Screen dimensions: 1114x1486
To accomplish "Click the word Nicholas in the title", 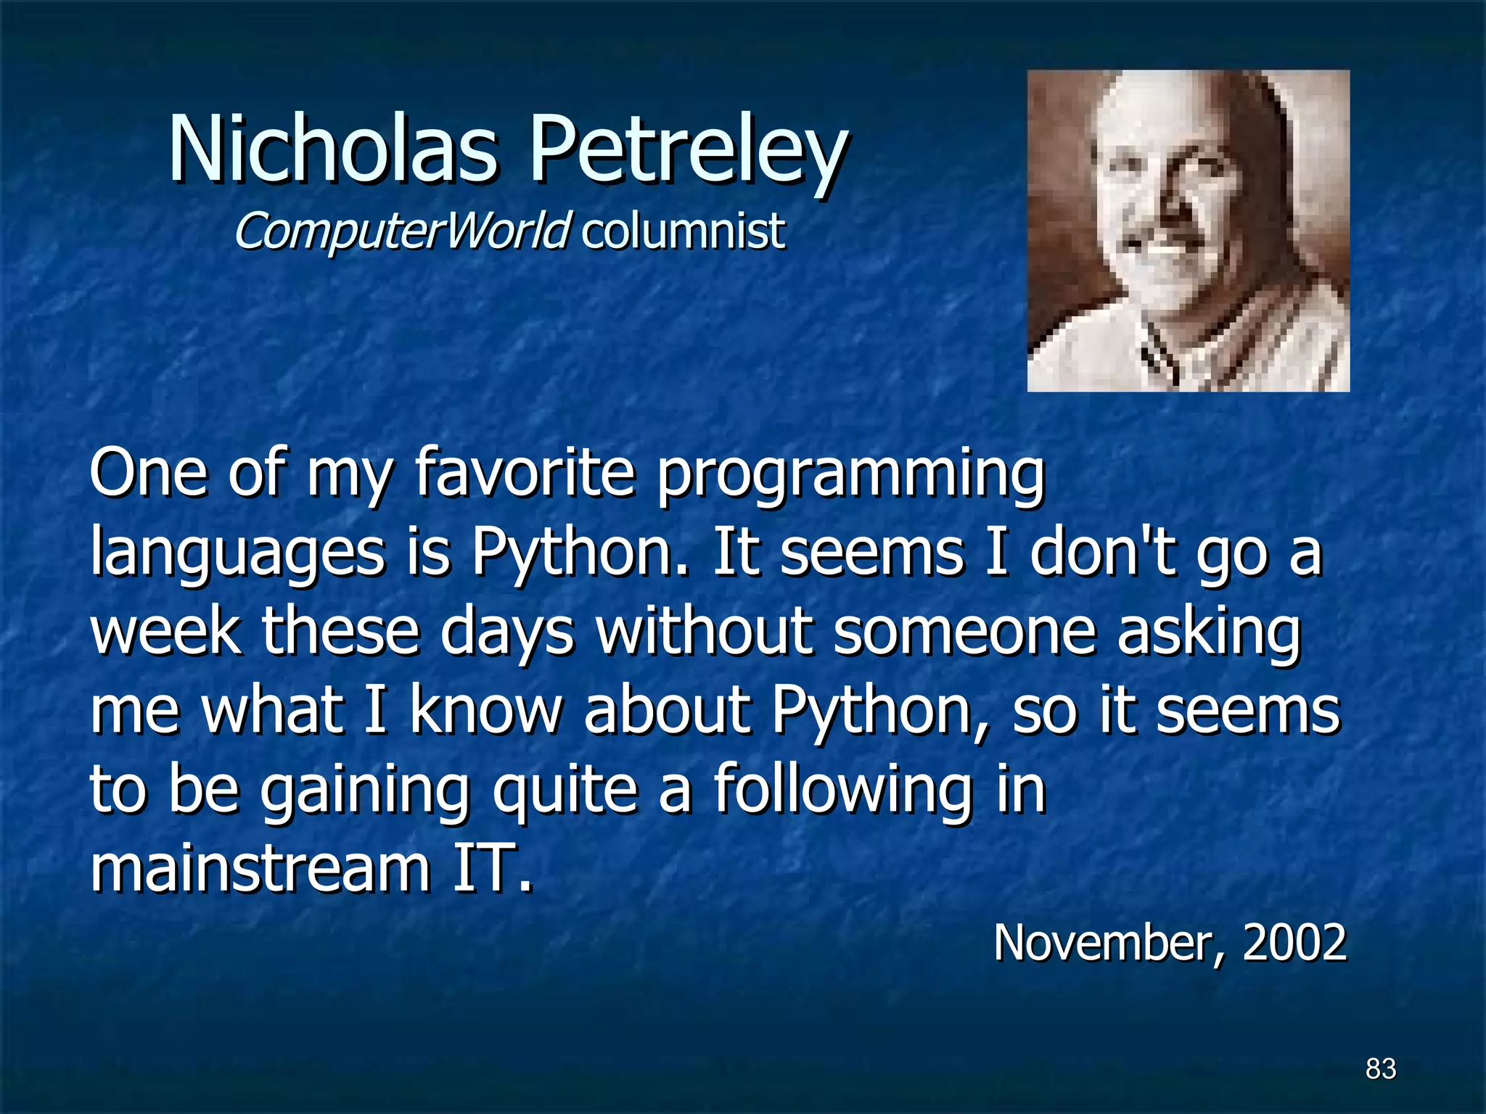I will pyautogui.click(x=333, y=149).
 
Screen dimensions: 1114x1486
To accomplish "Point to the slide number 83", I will pyautogui.click(x=1380, y=1068).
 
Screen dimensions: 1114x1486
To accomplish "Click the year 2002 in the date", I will pyautogui.click(x=1294, y=942).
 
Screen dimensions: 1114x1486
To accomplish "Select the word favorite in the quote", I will pyautogui.click(x=525, y=472).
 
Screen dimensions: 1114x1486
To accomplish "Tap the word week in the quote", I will pyautogui.click(x=165, y=631).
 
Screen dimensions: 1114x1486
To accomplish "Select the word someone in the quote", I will pyautogui.click(x=964, y=631).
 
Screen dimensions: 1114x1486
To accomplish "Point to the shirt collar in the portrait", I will pyautogui.click(x=1161, y=355).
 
